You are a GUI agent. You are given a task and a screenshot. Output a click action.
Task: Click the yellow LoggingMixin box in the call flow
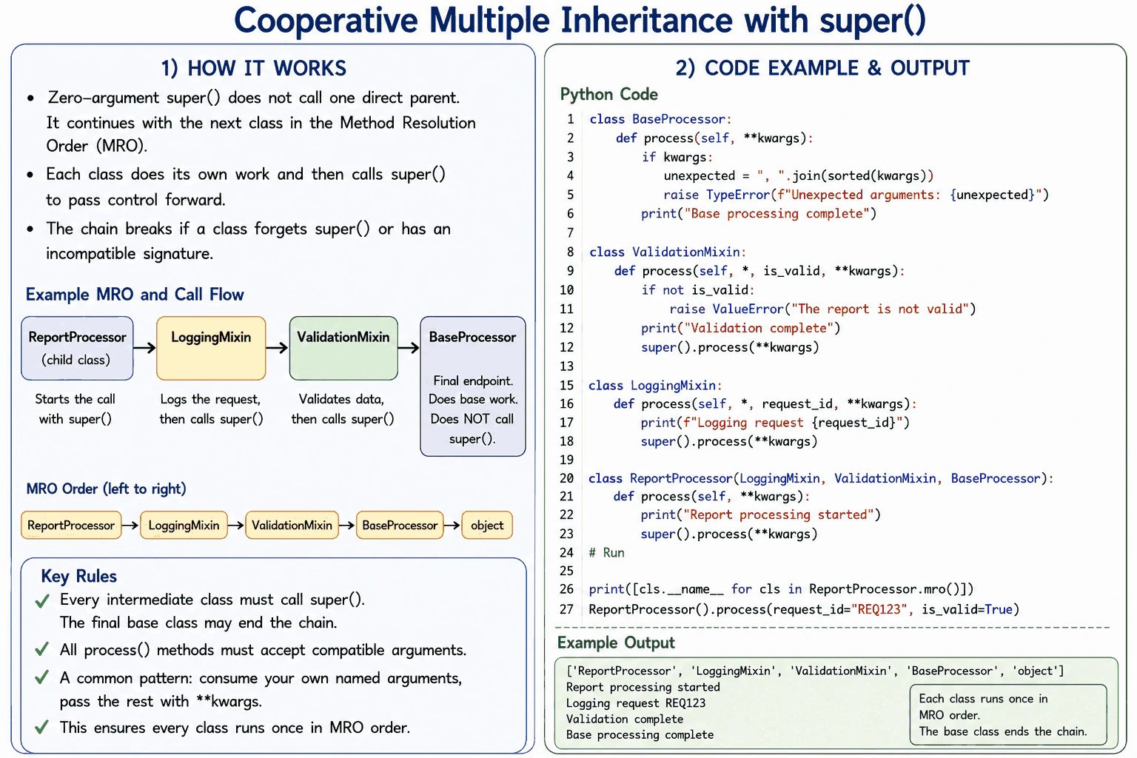[x=211, y=349]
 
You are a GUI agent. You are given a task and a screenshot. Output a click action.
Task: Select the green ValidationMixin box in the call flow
[x=343, y=349]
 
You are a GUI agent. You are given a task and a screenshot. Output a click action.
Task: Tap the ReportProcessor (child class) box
[x=77, y=349]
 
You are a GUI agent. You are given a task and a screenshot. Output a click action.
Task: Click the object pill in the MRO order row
[x=487, y=525]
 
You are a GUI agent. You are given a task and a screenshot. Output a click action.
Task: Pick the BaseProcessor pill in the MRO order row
[x=400, y=525]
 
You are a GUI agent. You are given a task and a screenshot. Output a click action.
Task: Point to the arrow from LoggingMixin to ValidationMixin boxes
[x=277, y=348]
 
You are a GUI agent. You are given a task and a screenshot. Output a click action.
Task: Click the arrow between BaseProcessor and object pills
[x=452, y=525]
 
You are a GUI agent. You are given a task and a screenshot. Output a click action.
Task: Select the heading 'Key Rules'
[x=78, y=576]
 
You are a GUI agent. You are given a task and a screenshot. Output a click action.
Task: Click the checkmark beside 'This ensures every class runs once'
[x=42, y=727]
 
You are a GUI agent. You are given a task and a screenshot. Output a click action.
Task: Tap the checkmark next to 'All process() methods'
[x=42, y=649]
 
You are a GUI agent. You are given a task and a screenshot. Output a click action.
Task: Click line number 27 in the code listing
[x=566, y=609]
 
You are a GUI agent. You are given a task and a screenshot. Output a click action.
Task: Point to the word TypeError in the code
[x=738, y=195]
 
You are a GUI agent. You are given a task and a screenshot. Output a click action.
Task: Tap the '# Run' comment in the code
[x=606, y=552]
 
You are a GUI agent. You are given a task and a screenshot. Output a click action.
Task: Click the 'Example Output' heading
[x=616, y=643]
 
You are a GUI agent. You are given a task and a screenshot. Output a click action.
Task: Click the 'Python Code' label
[x=608, y=95]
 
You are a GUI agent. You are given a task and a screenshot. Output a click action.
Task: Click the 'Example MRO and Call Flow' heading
[x=135, y=295]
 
